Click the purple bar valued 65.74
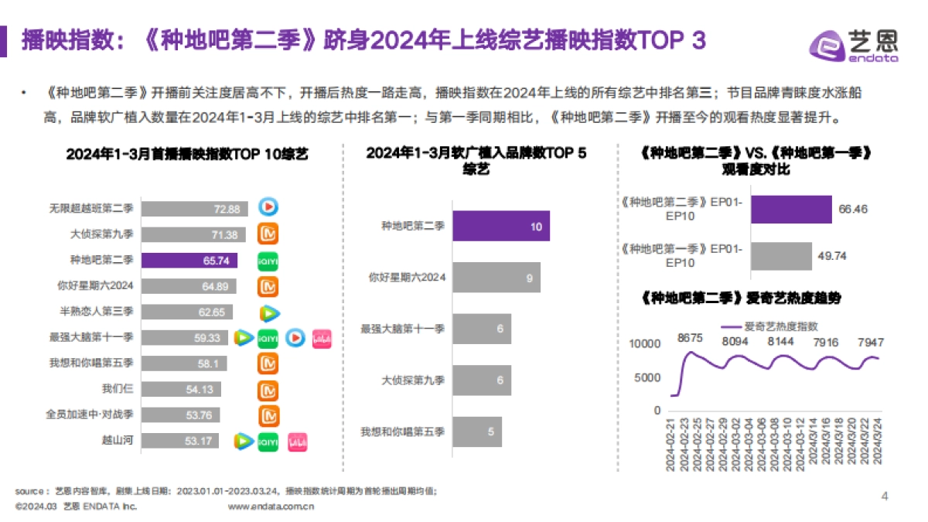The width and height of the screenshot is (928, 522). [189, 261]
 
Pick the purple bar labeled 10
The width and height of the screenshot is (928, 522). [501, 226]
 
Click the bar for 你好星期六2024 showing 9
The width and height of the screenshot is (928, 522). [496, 277]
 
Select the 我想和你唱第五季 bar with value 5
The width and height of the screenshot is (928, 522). [476, 432]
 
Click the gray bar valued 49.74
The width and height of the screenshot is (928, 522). [781, 256]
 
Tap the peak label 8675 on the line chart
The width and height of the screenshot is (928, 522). [690, 339]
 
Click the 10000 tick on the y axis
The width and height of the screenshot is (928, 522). [645, 344]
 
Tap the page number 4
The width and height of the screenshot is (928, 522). [885, 496]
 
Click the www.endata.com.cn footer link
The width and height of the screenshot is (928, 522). [271, 507]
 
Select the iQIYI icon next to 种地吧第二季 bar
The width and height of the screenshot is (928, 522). [268, 261]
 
